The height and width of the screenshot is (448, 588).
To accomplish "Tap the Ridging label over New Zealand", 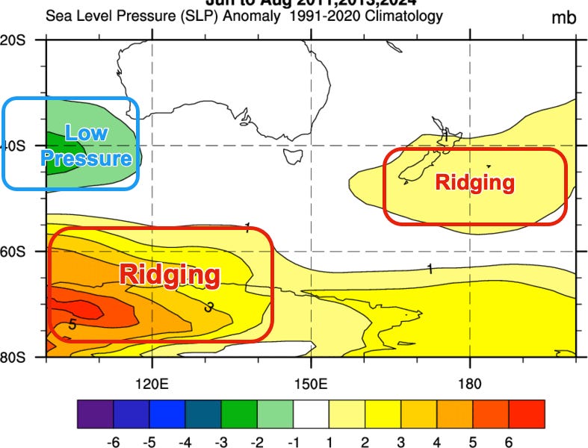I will point(475,182).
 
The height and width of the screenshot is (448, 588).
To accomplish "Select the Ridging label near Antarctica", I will point(170,274).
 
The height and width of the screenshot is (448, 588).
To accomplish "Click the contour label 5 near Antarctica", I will point(72,324).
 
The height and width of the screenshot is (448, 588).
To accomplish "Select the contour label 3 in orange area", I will point(209,306).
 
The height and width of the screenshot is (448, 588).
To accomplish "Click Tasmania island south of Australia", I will point(292,155).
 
